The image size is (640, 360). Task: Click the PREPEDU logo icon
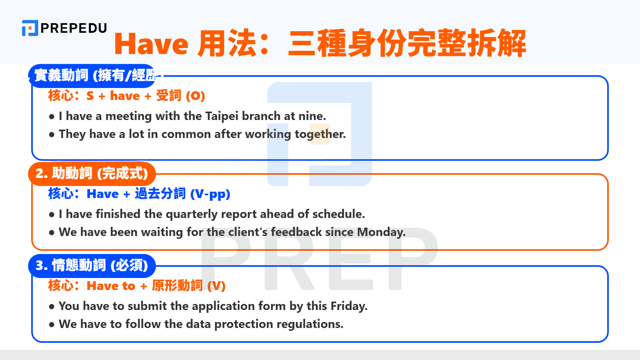pos(30,28)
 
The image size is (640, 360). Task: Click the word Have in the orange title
pos(151,44)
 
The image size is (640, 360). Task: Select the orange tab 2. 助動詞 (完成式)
pos(92,174)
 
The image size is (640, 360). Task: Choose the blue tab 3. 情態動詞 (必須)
pos(92,265)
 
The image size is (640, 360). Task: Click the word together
pos(320,134)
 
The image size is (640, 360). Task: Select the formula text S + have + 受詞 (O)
pos(146,96)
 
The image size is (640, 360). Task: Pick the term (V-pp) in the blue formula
pos(210,194)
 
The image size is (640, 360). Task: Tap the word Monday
pos(381,232)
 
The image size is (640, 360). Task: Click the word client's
pos(248,232)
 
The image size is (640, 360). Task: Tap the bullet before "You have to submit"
pos(52,307)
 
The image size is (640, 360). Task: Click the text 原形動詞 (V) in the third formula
pos(188,286)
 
